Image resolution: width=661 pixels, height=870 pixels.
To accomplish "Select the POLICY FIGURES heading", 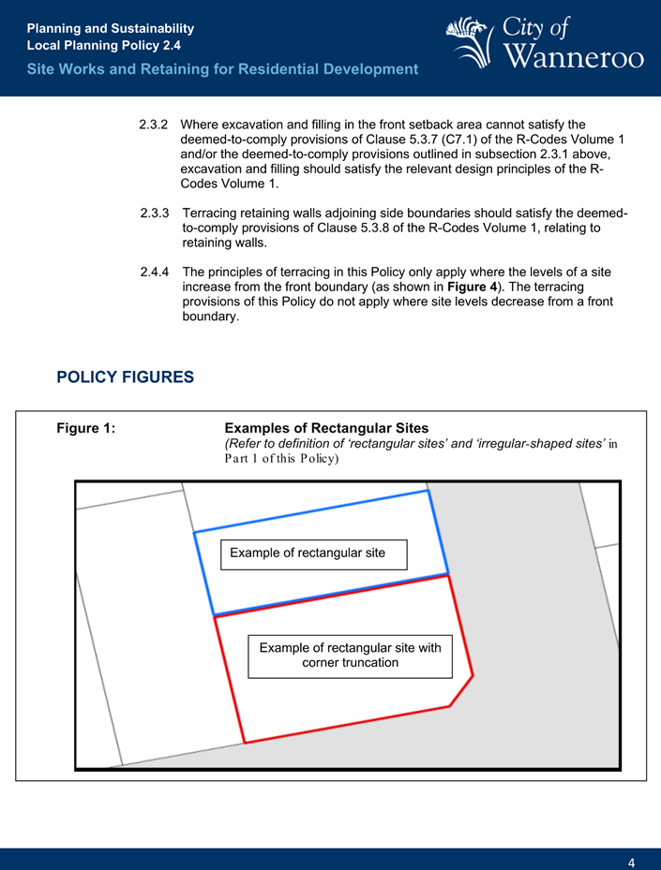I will pyautogui.click(x=125, y=377).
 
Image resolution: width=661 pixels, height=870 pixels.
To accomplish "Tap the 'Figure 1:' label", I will pyautogui.click(x=86, y=429).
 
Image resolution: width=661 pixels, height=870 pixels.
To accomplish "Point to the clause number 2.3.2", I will pyautogui.click(x=153, y=125).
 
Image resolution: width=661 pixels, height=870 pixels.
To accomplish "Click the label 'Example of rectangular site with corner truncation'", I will pyautogui.click(x=350, y=656).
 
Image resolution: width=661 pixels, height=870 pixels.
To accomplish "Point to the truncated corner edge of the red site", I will pyautogui.click(x=461, y=690).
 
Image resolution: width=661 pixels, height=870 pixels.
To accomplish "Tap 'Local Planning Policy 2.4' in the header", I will pyautogui.click(x=104, y=45).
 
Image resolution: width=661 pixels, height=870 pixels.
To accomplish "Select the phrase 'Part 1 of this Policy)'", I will pyautogui.click(x=281, y=459).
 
